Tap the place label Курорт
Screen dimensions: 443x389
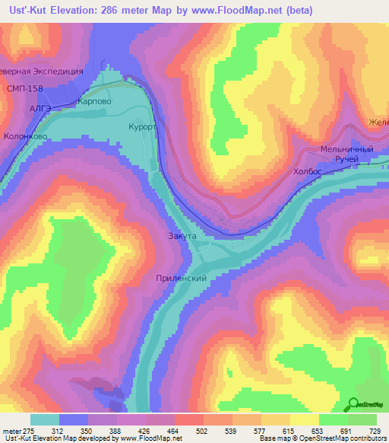(142, 127)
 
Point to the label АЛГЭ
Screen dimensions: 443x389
(40, 109)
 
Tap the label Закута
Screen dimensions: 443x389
(182, 237)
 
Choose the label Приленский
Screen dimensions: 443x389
(181, 279)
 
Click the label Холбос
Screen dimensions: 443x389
(308, 173)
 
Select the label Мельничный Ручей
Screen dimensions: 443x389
(347, 155)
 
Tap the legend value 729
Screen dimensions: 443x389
(374, 431)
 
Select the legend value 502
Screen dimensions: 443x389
(203, 431)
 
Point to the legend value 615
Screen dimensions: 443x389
(288, 431)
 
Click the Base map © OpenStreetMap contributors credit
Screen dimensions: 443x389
(323, 438)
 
